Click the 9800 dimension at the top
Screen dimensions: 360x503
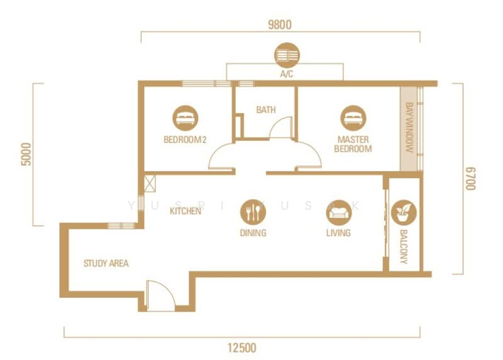(280, 25)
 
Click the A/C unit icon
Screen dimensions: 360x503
(287, 56)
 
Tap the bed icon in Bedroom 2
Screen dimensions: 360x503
(185, 117)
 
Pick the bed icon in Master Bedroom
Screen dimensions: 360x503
(353, 117)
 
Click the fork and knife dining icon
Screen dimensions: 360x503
(252, 212)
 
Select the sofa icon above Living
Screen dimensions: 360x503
(338, 212)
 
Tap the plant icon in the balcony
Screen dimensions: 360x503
(403, 212)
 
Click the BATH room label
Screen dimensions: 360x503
(265, 110)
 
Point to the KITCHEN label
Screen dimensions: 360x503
(185, 211)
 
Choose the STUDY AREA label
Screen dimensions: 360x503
(106, 263)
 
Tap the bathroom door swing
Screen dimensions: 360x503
(281, 129)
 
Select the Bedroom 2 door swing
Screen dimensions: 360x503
(222, 157)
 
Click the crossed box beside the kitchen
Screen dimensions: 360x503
(150, 183)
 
